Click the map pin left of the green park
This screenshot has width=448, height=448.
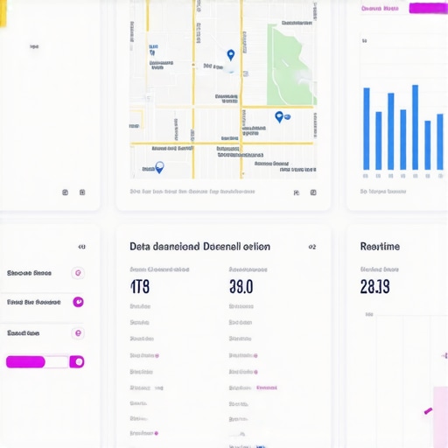[x=231, y=55]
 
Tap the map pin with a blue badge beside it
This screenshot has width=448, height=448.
[x=279, y=116]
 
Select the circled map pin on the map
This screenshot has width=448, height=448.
[x=158, y=166]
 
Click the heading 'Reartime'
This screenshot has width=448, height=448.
[x=380, y=247]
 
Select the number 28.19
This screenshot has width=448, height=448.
[x=374, y=286]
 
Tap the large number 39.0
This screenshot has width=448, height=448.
[x=241, y=286]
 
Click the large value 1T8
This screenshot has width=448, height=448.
[x=140, y=286]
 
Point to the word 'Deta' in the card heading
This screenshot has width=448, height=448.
[x=141, y=247]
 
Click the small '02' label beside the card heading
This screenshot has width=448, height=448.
[x=312, y=247]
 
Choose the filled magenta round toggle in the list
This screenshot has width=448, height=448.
[x=78, y=302]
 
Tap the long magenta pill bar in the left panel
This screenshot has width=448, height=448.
[x=25, y=361]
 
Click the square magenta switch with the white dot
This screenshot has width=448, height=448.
[x=77, y=361]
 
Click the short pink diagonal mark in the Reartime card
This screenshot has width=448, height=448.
[x=429, y=409]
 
